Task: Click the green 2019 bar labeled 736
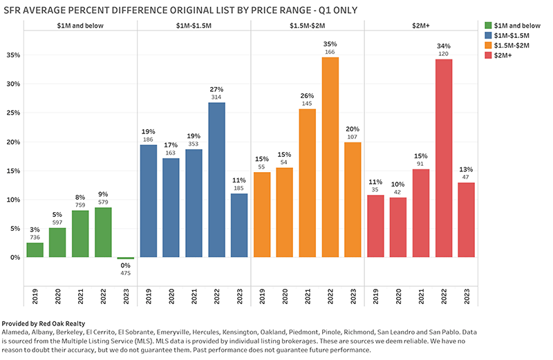[x=35, y=250]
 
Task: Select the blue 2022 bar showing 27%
[x=217, y=180]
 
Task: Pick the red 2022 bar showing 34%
[x=444, y=158]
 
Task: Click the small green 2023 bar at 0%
[x=126, y=258]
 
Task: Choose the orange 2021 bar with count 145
[x=308, y=183]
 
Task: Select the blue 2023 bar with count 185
[x=239, y=225]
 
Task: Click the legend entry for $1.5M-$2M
[x=509, y=46]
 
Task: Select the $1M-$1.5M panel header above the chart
[x=194, y=25]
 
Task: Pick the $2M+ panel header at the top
[x=421, y=25]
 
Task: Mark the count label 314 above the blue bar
[x=217, y=97]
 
